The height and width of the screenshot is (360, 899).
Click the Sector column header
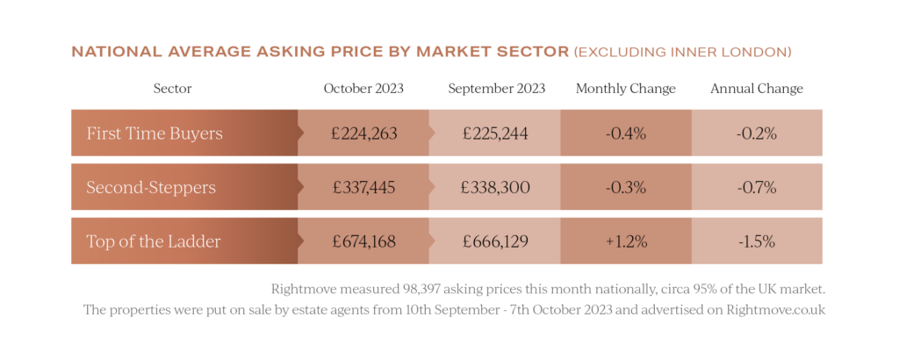(x=172, y=89)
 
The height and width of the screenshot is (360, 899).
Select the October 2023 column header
(x=363, y=89)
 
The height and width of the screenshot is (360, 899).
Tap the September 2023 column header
(x=496, y=89)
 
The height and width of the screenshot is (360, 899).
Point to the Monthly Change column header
(x=626, y=89)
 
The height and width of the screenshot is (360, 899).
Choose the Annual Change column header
(x=757, y=89)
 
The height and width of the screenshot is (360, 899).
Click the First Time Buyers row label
(x=155, y=133)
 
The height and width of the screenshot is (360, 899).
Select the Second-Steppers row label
(x=151, y=187)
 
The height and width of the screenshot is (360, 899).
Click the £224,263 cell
(x=364, y=133)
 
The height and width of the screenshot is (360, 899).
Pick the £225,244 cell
(x=494, y=133)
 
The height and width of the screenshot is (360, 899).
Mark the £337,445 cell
(x=364, y=187)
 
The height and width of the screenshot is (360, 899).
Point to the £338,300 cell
(x=494, y=187)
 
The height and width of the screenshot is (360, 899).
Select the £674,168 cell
(x=364, y=241)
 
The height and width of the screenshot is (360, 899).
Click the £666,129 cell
(x=494, y=241)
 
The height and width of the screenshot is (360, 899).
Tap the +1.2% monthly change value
(x=626, y=241)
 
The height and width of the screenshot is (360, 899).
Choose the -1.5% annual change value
(x=757, y=241)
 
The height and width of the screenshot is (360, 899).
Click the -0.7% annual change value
(x=757, y=187)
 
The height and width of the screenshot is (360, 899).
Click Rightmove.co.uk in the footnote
(x=773, y=309)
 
